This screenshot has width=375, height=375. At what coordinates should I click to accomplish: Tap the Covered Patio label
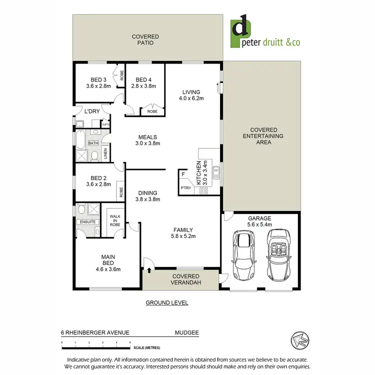point(145,40)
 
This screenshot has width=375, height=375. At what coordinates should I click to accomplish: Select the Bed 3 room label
point(98,82)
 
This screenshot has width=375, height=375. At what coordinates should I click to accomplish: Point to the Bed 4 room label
point(143,82)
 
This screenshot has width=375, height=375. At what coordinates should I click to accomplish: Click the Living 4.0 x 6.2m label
point(191,95)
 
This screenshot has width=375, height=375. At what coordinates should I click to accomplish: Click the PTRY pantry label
point(186,188)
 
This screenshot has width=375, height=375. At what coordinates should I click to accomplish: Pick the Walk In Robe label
point(114,220)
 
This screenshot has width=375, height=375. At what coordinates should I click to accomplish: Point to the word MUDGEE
point(186,331)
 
